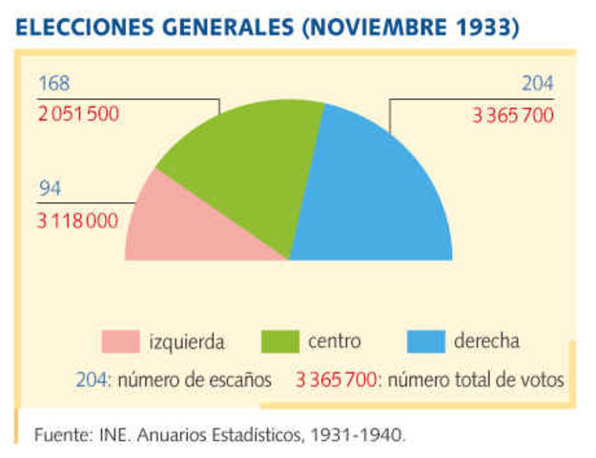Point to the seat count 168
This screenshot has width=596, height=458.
pyautogui.click(x=54, y=86)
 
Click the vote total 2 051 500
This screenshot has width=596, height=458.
pyautogui.click(x=79, y=114)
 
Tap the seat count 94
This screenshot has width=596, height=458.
pyautogui.click(x=50, y=189)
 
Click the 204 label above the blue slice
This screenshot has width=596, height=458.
pyautogui.click(x=537, y=86)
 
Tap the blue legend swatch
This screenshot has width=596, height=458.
pyautogui.click(x=425, y=342)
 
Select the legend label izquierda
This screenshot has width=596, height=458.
pyautogui.click(x=187, y=342)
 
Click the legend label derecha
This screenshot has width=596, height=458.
pyautogui.click(x=486, y=342)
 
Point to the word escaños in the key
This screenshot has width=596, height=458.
pyautogui.click(x=243, y=380)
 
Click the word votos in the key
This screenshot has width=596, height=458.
pyautogui.click(x=544, y=380)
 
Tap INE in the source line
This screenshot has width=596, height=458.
pyautogui.click(x=111, y=435)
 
